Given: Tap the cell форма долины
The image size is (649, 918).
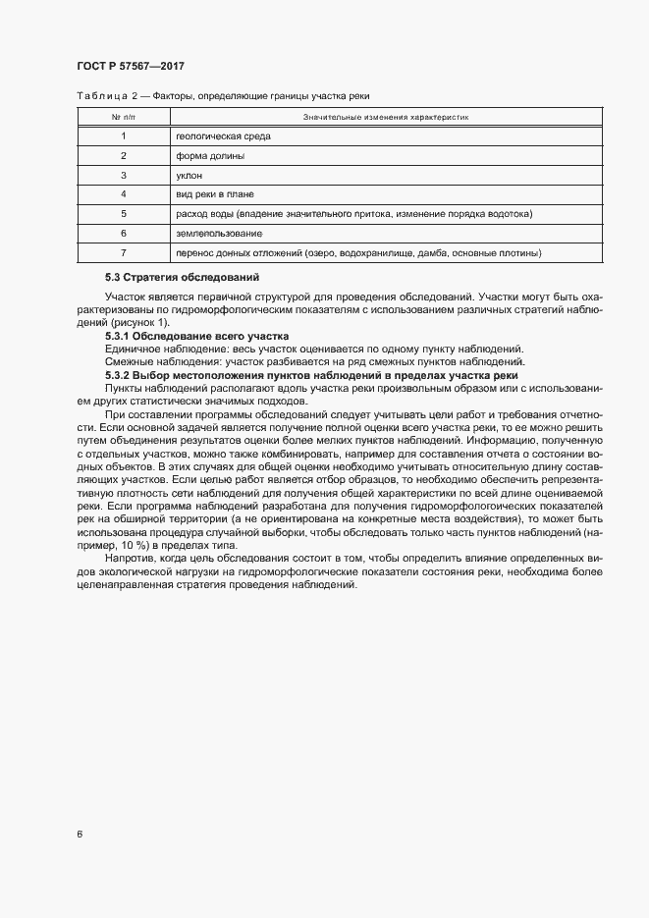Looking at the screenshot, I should [210, 156].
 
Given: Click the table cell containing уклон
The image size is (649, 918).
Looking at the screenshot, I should [189, 175].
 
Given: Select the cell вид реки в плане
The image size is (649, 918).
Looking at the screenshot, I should [215, 194].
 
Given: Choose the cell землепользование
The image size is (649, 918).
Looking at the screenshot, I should [218, 234].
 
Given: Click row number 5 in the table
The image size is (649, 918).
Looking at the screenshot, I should [124, 214].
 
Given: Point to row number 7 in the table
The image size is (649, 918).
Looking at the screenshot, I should [124, 253].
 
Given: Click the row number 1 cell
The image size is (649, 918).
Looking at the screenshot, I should [124, 136].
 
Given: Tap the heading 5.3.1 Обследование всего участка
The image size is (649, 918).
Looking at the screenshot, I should [190, 336].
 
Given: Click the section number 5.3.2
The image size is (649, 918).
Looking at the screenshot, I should [120, 377].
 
